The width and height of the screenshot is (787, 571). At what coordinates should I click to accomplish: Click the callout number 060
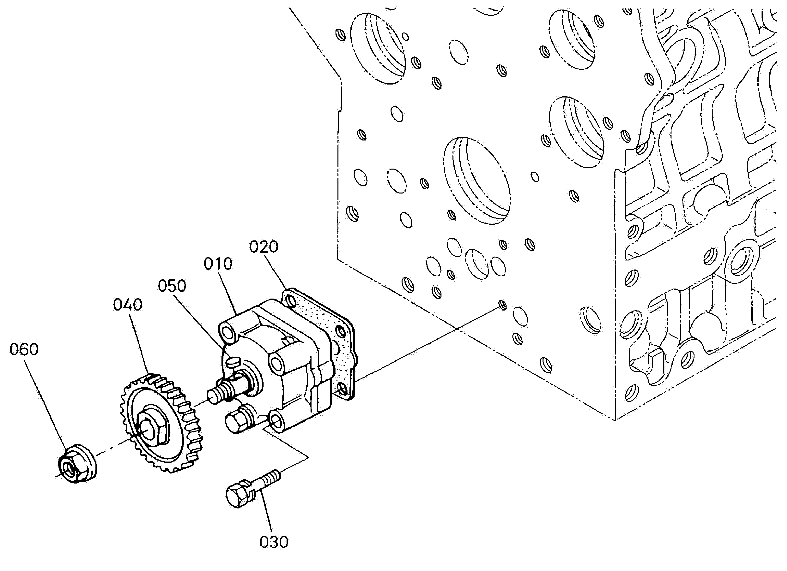24,349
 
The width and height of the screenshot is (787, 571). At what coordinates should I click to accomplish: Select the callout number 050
172,286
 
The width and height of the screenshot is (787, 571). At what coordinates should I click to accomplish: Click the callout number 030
274,542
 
